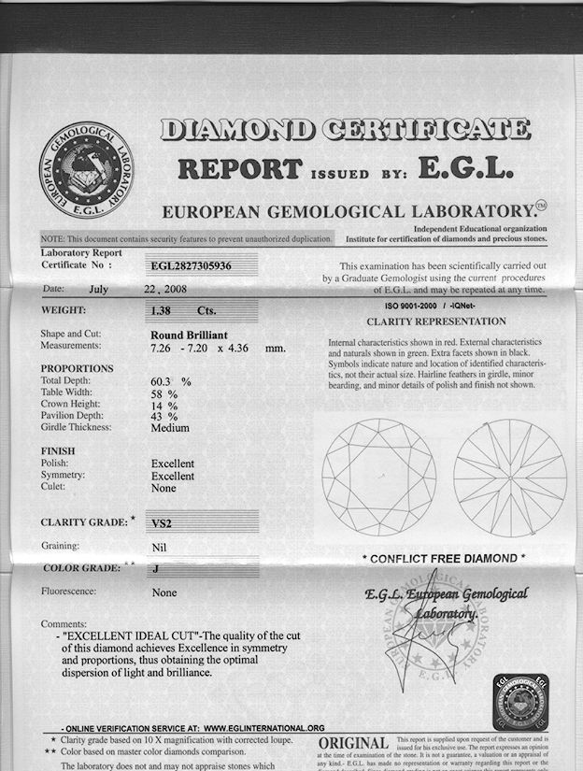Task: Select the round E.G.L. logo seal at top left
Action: coord(86,169)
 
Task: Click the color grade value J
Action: coord(154,567)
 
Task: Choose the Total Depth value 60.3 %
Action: coord(171,381)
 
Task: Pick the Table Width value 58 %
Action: coord(164,393)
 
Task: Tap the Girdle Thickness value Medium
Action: coord(170,428)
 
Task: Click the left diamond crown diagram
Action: coord(378,476)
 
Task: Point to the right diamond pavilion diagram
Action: coord(509,476)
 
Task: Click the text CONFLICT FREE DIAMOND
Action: coord(444,559)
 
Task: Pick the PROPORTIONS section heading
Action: coord(78,369)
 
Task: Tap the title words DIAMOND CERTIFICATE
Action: coord(345,130)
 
